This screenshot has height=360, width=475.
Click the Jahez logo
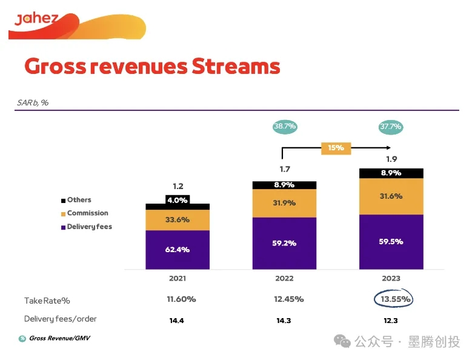click(x=36, y=19)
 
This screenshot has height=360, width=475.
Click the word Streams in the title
click(x=236, y=66)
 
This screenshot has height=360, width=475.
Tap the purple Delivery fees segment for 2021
click(x=178, y=249)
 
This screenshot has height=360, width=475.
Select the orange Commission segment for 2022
click(x=284, y=203)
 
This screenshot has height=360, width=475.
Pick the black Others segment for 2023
click(x=391, y=173)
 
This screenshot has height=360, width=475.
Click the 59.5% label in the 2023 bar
click(x=391, y=241)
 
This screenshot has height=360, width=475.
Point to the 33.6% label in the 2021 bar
click(x=178, y=220)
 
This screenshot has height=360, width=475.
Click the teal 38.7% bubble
click(x=284, y=127)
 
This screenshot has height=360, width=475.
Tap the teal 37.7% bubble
click(x=391, y=127)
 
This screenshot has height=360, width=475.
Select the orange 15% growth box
click(x=336, y=147)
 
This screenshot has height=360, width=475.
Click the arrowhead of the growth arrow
click(x=388, y=147)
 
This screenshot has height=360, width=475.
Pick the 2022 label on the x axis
click(x=284, y=279)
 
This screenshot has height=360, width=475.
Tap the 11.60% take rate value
click(x=181, y=299)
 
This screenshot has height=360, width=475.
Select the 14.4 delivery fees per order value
click(x=177, y=321)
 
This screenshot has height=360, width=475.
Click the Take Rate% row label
click(x=47, y=301)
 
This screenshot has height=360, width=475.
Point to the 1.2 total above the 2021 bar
click(x=178, y=187)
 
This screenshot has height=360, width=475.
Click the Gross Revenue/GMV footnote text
click(x=59, y=338)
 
